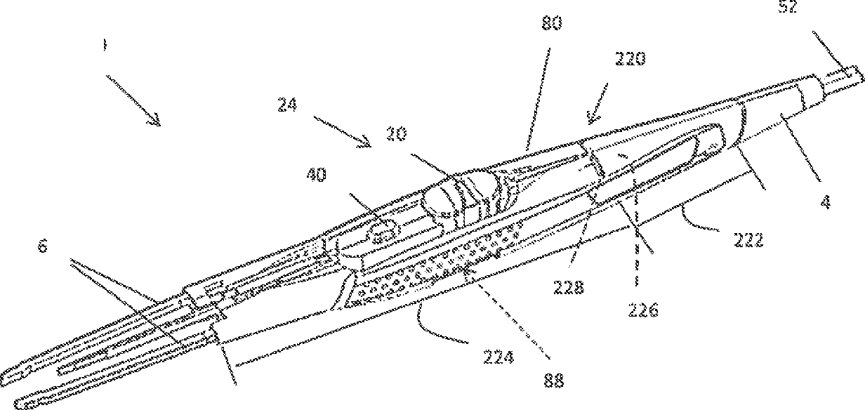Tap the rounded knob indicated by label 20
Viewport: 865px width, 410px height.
442,199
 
